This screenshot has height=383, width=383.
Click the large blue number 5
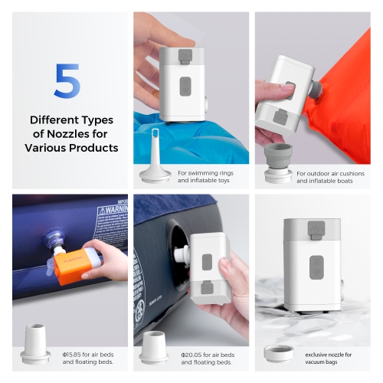(x=67, y=81)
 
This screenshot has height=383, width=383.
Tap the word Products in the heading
(x=93, y=148)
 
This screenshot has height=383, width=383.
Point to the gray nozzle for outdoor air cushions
(x=278, y=163)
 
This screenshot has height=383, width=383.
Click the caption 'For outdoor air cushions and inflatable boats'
(x=326, y=177)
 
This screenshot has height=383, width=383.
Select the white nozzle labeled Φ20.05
(x=154, y=347)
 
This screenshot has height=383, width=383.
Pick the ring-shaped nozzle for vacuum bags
(x=278, y=353)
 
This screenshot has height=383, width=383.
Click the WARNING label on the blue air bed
(x=106, y=209)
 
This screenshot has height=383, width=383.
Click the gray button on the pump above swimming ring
(x=185, y=86)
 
